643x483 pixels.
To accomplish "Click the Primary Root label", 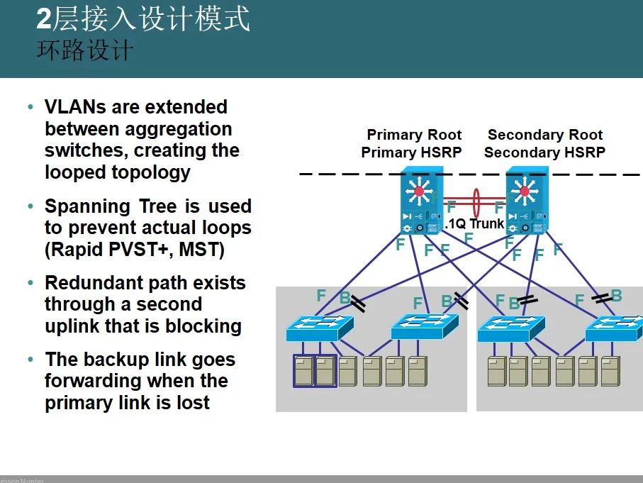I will (x=413, y=135).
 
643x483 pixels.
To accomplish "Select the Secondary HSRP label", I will (x=544, y=152).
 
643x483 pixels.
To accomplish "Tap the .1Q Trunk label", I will (x=474, y=224).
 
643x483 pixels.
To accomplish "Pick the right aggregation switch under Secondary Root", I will (x=525, y=200).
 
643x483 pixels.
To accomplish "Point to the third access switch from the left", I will (x=510, y=328).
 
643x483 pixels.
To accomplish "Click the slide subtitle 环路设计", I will (x=84, y=52).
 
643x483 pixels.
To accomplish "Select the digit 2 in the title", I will (x=44, y=20).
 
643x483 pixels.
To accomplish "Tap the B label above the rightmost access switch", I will (x=616, y=296).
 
